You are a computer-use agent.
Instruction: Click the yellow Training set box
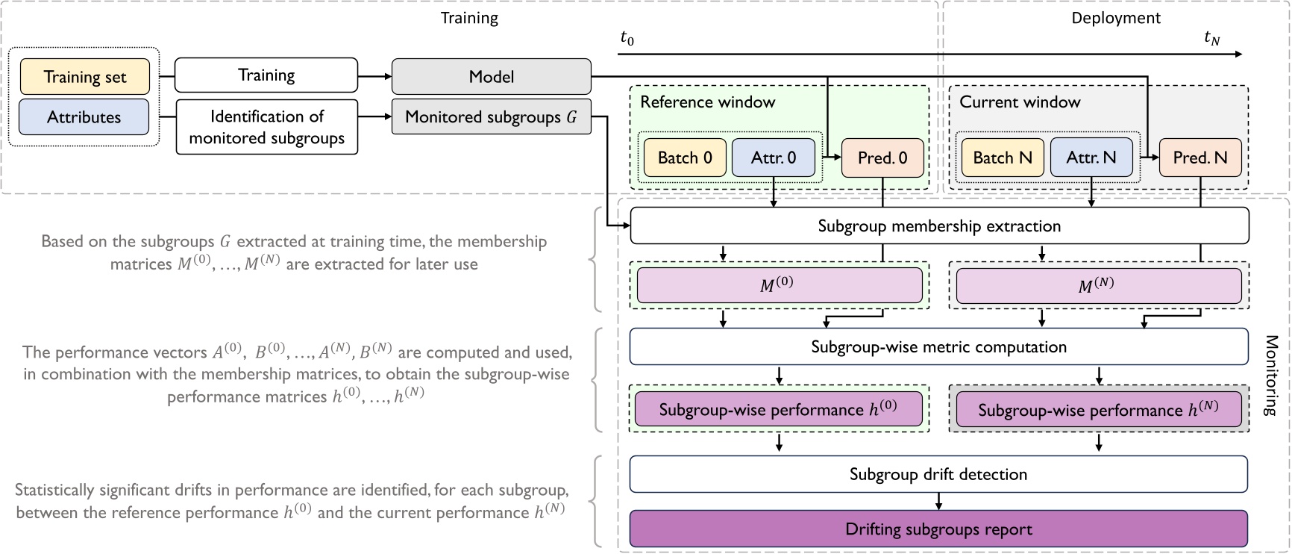84,77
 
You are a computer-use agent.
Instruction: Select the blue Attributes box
84,117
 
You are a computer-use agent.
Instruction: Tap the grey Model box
491,77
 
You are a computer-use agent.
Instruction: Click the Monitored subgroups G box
491,117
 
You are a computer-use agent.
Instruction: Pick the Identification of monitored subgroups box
266,127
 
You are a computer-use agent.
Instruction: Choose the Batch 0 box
685,158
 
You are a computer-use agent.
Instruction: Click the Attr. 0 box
773,158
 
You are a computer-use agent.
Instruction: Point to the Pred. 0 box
882,158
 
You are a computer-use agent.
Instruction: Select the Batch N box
1003,158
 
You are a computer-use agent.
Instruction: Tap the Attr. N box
1091,158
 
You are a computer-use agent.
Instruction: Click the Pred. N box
1200,158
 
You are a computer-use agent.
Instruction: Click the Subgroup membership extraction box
939,226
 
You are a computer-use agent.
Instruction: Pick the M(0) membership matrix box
779,285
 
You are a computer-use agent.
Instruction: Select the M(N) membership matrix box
1098,285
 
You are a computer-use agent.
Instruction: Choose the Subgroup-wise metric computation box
939,346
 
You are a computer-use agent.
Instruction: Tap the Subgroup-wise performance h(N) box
1098,410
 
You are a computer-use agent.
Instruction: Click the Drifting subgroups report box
939,529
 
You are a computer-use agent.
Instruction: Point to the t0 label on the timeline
627,38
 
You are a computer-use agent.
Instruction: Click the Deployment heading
1116,18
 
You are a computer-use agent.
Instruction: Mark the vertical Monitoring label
1271,376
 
